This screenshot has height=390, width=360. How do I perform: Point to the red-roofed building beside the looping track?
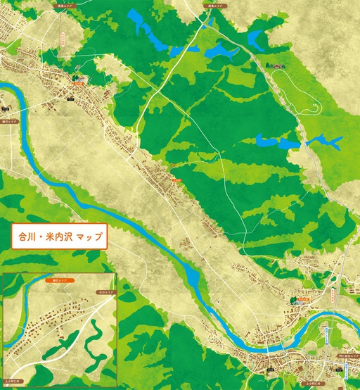[278, 66]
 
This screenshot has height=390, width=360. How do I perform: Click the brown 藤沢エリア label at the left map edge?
[8, 122]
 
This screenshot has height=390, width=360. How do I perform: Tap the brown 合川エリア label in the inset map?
[106, 290]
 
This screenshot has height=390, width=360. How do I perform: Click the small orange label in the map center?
[176, 180]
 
